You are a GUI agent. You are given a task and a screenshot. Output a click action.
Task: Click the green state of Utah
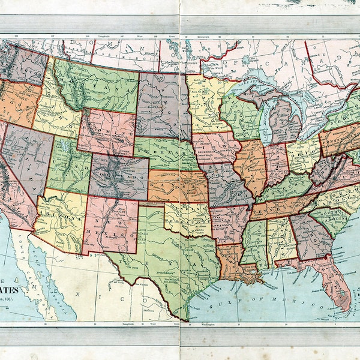pyautogui.click(x=69, y=165)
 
